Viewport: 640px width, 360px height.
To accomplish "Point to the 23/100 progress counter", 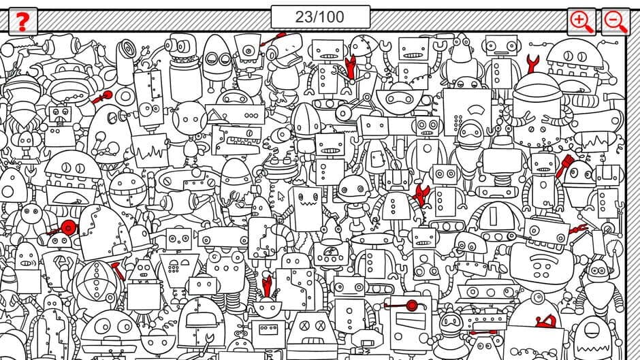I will point(320,16).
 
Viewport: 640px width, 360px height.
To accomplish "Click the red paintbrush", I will point(564,166).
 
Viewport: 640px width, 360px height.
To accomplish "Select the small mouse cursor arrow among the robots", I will point(280,197).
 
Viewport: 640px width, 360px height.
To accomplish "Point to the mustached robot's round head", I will point(469,133).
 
